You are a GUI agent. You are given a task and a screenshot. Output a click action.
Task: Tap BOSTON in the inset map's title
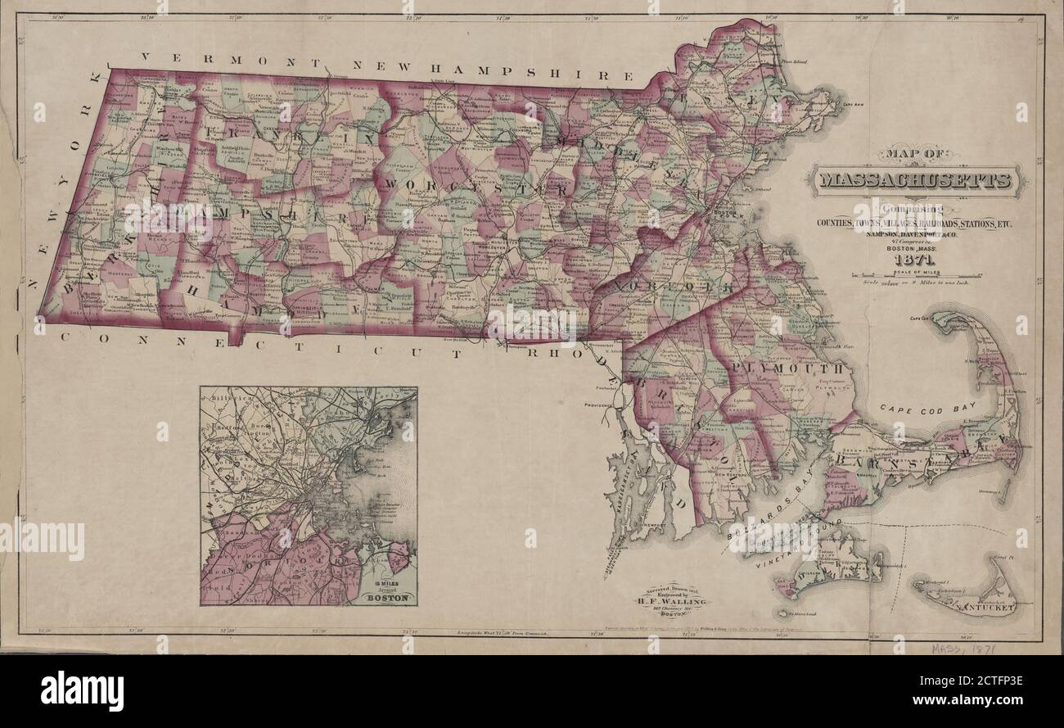385,597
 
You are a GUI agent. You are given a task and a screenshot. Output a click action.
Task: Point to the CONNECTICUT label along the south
270,344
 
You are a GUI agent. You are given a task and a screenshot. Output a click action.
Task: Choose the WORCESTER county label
475,188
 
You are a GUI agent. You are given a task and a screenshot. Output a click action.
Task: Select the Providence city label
607,405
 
